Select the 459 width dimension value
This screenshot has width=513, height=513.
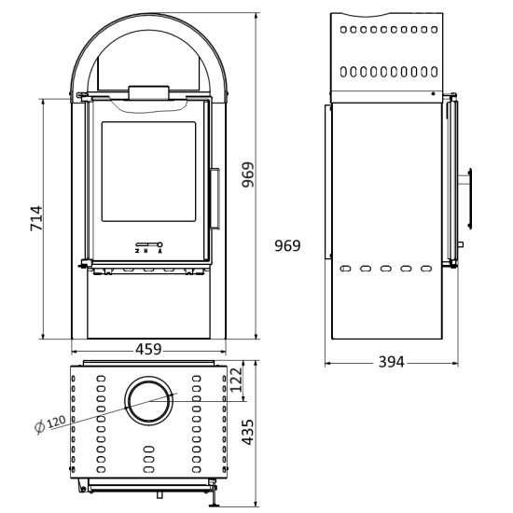pyautogui.click(x=149, y=350)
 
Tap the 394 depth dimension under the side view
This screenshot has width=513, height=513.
pyautogui.click(x=391, y=362)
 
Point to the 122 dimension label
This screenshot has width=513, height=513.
pyautogui.click(x=235, y=379)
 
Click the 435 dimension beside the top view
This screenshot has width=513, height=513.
pyautogui.click(x=248, y=432)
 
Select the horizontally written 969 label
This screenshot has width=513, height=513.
pyautogui.click(x=287, y=246)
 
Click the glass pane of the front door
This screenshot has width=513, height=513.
pyautogui.click(x=148, y=177)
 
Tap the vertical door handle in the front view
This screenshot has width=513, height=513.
pyautogui.click(x=215, y=198)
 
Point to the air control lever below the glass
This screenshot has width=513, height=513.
pyautogui.click(x=148, y=242)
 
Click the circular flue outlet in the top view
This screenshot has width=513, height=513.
pyautogui.click(x=148, y=400)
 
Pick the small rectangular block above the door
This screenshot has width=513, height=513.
pyautogui.click(x=148, y=90)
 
